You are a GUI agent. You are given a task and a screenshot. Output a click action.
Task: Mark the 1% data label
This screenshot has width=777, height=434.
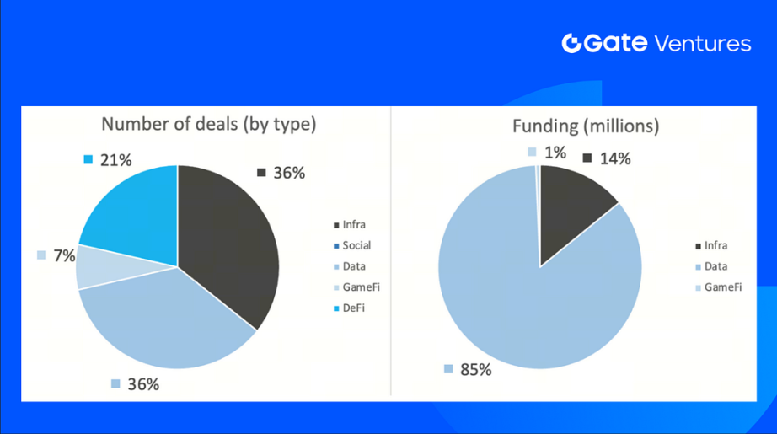pos(555,152)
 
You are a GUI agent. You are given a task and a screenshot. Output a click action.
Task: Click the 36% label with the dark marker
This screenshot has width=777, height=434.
pos(290,173)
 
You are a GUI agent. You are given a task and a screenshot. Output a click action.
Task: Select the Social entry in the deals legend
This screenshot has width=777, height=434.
pos(356,246)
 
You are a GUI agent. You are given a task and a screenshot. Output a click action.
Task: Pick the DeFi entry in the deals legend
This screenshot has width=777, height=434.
pos(355,308)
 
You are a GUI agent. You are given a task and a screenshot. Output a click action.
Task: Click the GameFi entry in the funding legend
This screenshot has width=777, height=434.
pos(723,287)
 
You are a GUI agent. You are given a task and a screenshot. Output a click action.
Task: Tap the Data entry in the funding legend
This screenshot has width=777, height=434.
pos(715,266)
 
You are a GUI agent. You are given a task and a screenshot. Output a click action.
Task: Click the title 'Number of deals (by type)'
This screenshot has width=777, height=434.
pos(208,125)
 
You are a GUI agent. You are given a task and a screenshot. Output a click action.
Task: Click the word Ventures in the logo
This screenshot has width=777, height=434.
pos(702,44)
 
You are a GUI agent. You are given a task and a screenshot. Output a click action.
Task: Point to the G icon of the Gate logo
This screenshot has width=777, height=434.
pos(572,44)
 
